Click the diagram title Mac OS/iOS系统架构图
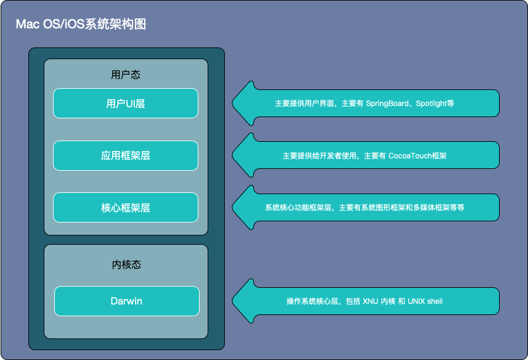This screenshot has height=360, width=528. [81, 25]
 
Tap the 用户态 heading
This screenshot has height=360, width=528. [126, 75]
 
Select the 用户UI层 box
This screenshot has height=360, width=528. [126, 104]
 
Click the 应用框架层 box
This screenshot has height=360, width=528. [126, 155]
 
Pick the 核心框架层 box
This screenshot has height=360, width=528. [126, 208]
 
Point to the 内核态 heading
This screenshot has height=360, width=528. [126, 264]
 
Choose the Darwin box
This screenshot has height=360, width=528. [126, 301]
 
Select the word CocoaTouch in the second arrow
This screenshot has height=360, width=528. [411, 156]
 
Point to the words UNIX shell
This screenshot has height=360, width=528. [425, 301]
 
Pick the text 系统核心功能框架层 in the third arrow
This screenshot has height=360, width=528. [299, 208]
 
